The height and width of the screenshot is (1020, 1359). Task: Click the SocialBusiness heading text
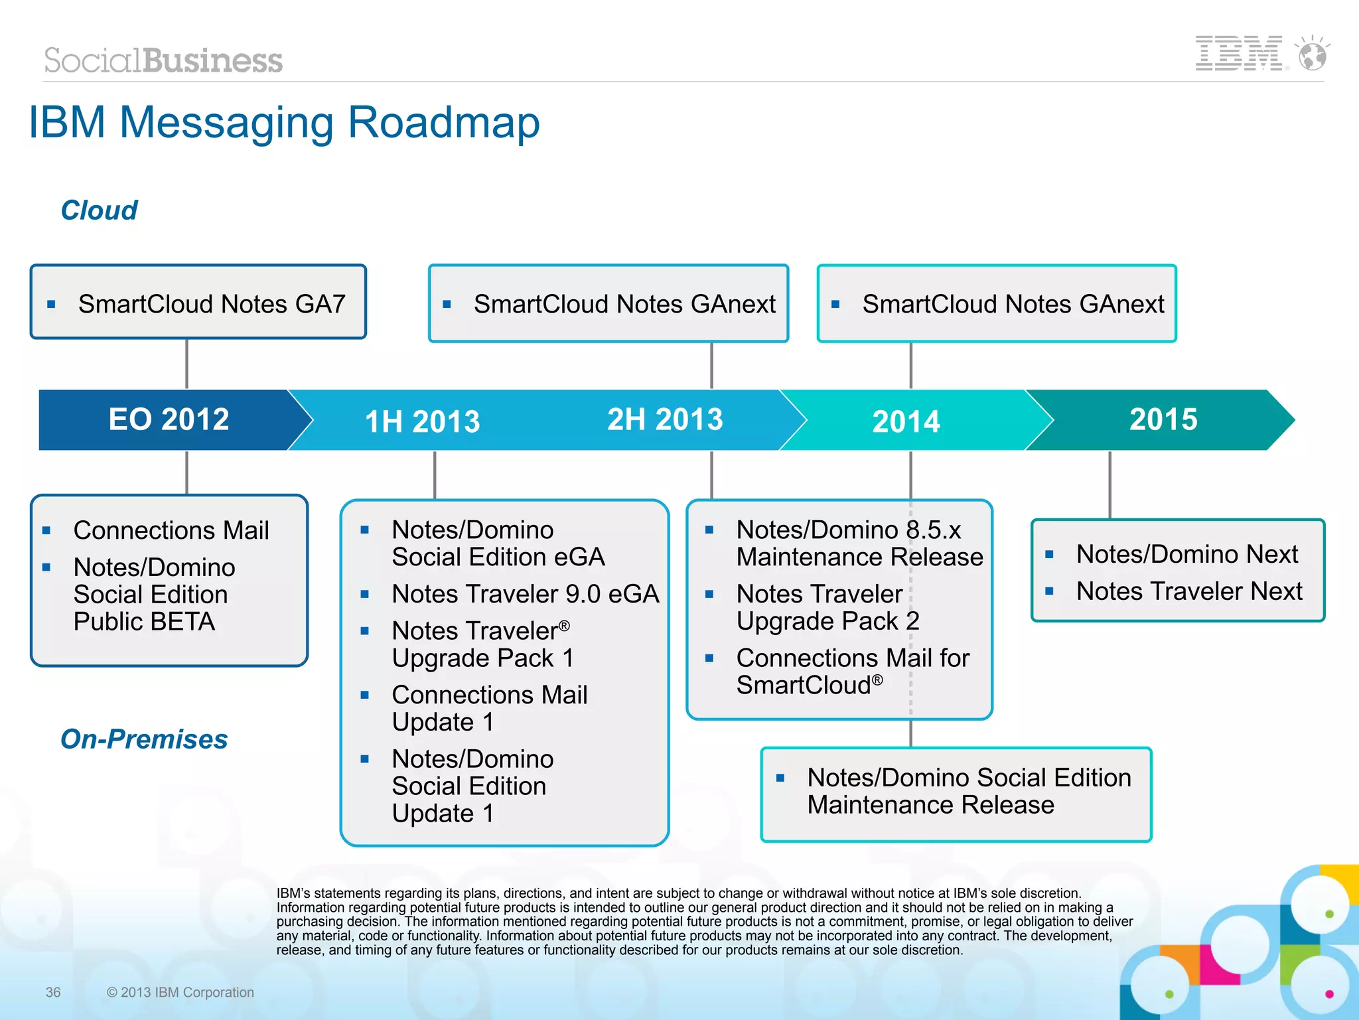coord(163,60)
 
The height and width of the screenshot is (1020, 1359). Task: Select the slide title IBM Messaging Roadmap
coord(284,123)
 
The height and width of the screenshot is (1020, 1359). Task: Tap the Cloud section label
coord(99,210)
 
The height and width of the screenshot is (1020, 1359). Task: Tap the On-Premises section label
coord(144,739)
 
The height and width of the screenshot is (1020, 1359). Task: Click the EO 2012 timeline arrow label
coord(169,419)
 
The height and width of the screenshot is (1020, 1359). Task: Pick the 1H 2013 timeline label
coord(422,421)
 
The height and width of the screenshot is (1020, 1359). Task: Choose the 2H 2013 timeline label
coord(665,419)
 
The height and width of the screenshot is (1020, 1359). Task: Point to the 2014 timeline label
coord(906,421)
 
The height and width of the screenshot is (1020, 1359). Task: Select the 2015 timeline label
coord(1163,419)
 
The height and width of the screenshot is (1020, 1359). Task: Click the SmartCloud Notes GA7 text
coord(212,304)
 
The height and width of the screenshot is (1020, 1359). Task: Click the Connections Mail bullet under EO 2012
coord(171,530)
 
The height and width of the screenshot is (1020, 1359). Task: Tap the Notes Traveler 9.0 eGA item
coord(525,594)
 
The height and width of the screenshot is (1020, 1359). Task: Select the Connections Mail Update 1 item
coord(489,708)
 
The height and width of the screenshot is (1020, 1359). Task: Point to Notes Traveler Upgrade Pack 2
coord(827,607)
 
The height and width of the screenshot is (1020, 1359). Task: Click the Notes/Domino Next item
coord(1186,554)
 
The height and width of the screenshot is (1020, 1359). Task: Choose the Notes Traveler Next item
coord(1188,591)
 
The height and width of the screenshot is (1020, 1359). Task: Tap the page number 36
coord(53,992)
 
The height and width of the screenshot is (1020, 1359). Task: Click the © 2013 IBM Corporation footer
coord(180,992)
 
